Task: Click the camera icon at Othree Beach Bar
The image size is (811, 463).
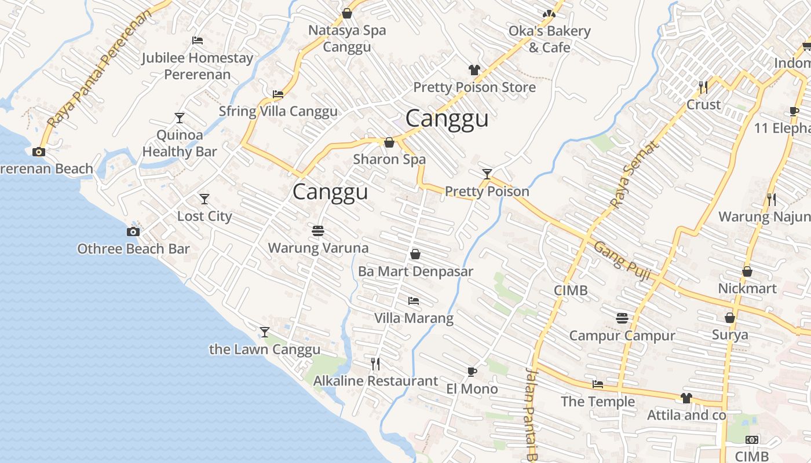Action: click(133, 231)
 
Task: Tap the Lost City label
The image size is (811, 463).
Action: click(204, 216)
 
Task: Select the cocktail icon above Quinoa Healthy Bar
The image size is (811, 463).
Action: click(180, 118)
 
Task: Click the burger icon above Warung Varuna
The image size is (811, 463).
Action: click(317, 231)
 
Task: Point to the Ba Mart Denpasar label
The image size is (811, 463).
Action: click(415, 271)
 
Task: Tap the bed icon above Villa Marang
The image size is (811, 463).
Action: click(414, 301)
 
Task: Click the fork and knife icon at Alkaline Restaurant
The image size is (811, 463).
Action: click(375, 363)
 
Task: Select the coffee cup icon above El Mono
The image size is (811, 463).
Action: click(472, 372)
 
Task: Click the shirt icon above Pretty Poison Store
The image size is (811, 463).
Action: click(474, 70)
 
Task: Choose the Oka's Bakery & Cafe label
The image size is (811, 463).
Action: click(549, 39)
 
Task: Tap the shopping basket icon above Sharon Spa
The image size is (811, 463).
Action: click(389, 142)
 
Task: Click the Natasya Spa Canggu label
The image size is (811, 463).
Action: click(346, 38)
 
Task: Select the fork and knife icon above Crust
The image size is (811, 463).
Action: click(703, 87)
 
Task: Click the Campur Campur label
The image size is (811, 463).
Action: click(622, 336)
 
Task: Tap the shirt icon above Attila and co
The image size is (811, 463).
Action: click(686, 398)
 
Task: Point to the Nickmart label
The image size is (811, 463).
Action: click(747, 288)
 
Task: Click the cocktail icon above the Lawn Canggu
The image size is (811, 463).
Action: click(265, 332)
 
